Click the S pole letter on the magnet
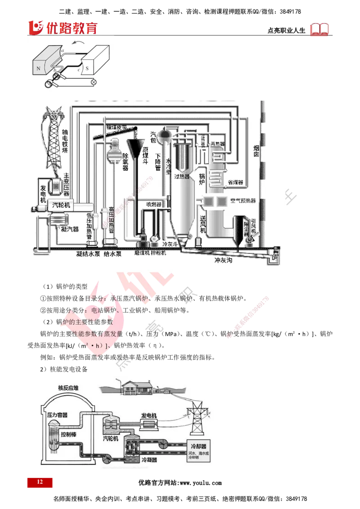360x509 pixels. [x=89, y=69]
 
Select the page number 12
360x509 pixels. [x=40, y=482]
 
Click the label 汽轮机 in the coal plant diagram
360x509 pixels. [x=62, y=205]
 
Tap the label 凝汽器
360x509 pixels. [x=70, y=229]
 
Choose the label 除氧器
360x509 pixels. [x=126, y=161]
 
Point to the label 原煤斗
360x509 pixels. [x=145, y=160]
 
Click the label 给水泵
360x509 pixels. [x=113, y=254]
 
